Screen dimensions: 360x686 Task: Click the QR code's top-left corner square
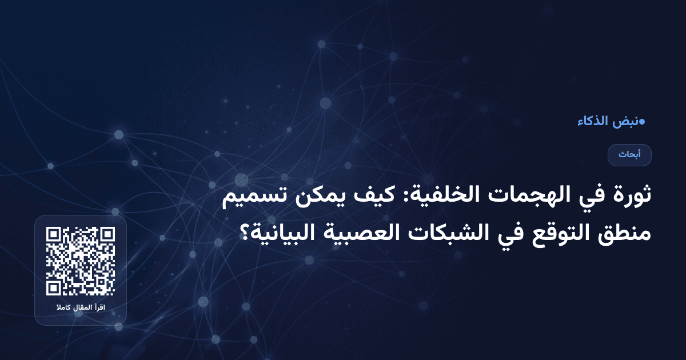pyautogui.click(x=54, y=235)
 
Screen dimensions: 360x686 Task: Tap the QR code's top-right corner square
pyautogui.click(x=106, y=235)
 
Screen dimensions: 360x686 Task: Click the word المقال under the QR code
pyautogui.click(x=81, y=309)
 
